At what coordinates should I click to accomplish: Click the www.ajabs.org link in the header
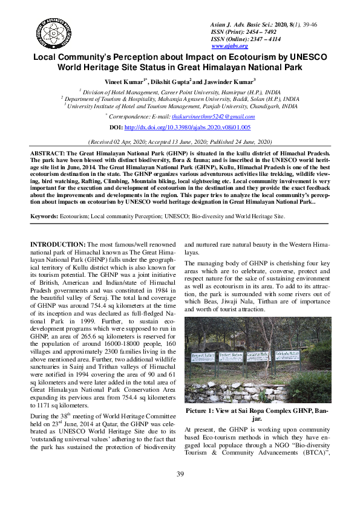tap(229, 46)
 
